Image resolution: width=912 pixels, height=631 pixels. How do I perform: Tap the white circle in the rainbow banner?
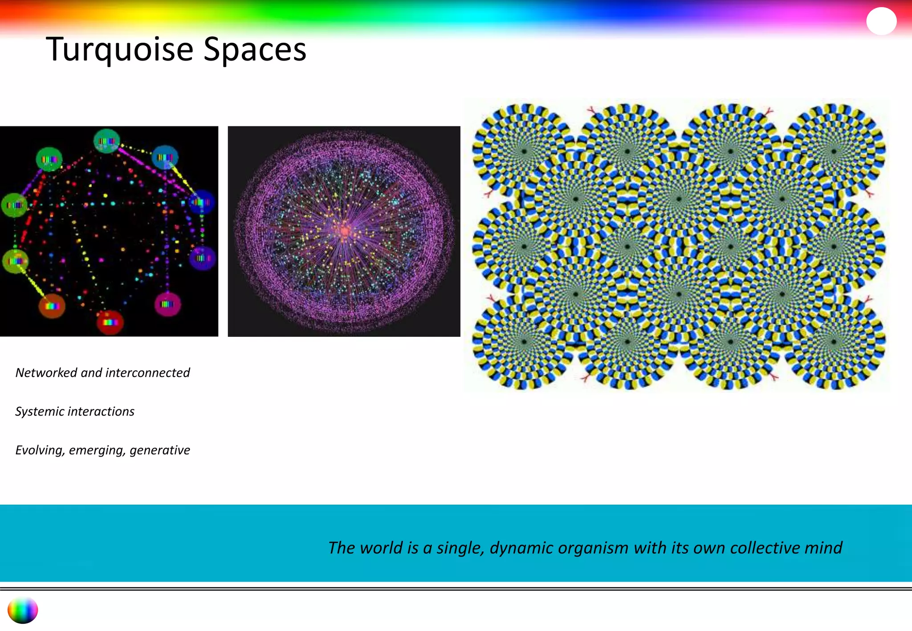pos(881,21)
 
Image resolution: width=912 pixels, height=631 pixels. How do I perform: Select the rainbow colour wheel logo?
pos(23,610)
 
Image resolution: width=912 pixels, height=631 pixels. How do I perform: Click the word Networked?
pos(46,372)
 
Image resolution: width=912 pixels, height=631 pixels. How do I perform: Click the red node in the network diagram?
pos(110,322)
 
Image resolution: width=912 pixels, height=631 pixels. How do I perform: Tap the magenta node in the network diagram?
pos(167,304)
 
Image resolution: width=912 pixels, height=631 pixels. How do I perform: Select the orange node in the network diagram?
pos(52,306)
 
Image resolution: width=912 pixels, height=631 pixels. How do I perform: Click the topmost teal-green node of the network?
pos(107,141)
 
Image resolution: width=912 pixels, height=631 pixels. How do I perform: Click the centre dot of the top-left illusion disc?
pos(524,151)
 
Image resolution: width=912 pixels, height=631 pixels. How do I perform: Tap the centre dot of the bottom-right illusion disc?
pos(834,342)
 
